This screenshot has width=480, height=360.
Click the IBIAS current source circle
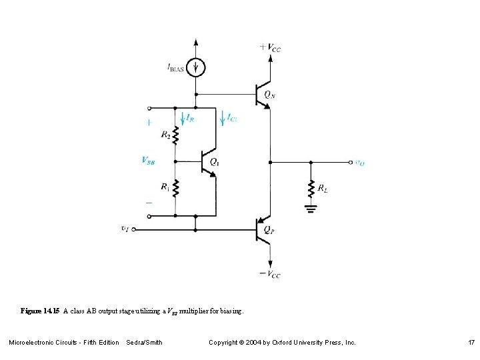point(195,67)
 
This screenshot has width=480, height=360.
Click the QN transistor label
point(269,95)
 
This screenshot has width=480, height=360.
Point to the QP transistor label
point(268,229)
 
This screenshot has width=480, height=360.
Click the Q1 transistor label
point(215,161)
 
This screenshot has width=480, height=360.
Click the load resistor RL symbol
point(311,189)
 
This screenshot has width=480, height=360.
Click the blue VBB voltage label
point(149,160)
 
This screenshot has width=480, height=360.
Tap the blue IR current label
point(190,118)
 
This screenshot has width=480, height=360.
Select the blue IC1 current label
point(231,118)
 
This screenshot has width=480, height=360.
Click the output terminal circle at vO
point(351,162)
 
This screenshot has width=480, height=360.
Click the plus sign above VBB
point(149,123)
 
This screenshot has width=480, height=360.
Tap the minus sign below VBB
point(149,201)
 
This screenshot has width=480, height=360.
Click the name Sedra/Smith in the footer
point(144,342)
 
